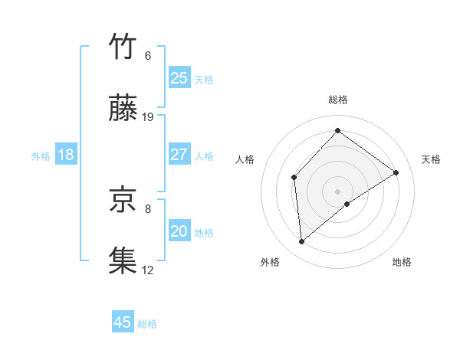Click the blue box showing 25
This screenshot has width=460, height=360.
(179, 78)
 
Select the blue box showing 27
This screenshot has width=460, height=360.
(179, 155)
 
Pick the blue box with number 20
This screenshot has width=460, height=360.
(179, 231)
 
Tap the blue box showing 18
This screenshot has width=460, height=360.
(66, 155)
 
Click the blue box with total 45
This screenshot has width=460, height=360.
(123, 322)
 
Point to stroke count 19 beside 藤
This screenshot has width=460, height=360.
(149, 116)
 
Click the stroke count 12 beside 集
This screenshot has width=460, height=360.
(149, 270)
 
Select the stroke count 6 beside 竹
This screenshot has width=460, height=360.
(148, 56)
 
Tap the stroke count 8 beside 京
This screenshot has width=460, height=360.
(148, 208)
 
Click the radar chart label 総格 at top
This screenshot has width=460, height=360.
(338, 100)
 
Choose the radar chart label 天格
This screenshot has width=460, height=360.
(431, 159)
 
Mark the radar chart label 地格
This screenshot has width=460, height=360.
(402, 263)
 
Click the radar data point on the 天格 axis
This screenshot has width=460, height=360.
(396, 172)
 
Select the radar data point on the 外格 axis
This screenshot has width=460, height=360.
(302, 242)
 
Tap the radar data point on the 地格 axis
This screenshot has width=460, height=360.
(347, 204)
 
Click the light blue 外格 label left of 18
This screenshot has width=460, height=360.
(41, 156)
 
